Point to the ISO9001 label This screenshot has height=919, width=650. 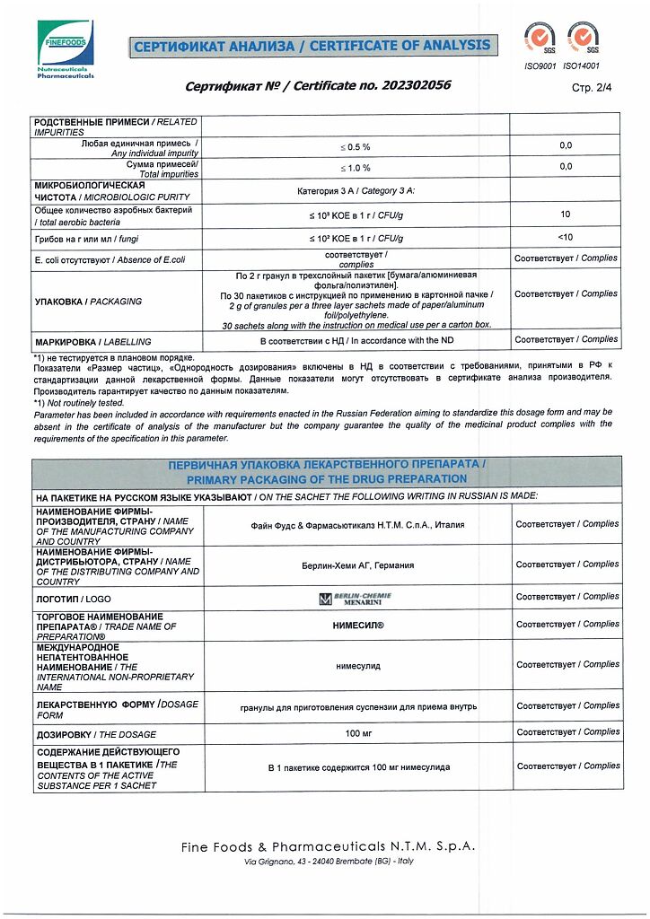point(540,66)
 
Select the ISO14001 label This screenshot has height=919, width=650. point(582,66)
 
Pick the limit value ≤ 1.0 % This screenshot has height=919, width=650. point(355,168)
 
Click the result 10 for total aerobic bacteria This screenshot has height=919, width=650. point(565,214)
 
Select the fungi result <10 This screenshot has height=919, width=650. point(565,237)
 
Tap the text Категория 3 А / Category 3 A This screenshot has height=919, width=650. point(356,191)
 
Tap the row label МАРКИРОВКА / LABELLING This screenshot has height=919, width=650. point(92,342)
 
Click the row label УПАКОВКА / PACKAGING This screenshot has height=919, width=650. point(88,302)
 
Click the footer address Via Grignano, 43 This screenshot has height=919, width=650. point(329,862)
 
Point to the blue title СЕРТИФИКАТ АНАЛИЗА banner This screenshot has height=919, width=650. point(312,46)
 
